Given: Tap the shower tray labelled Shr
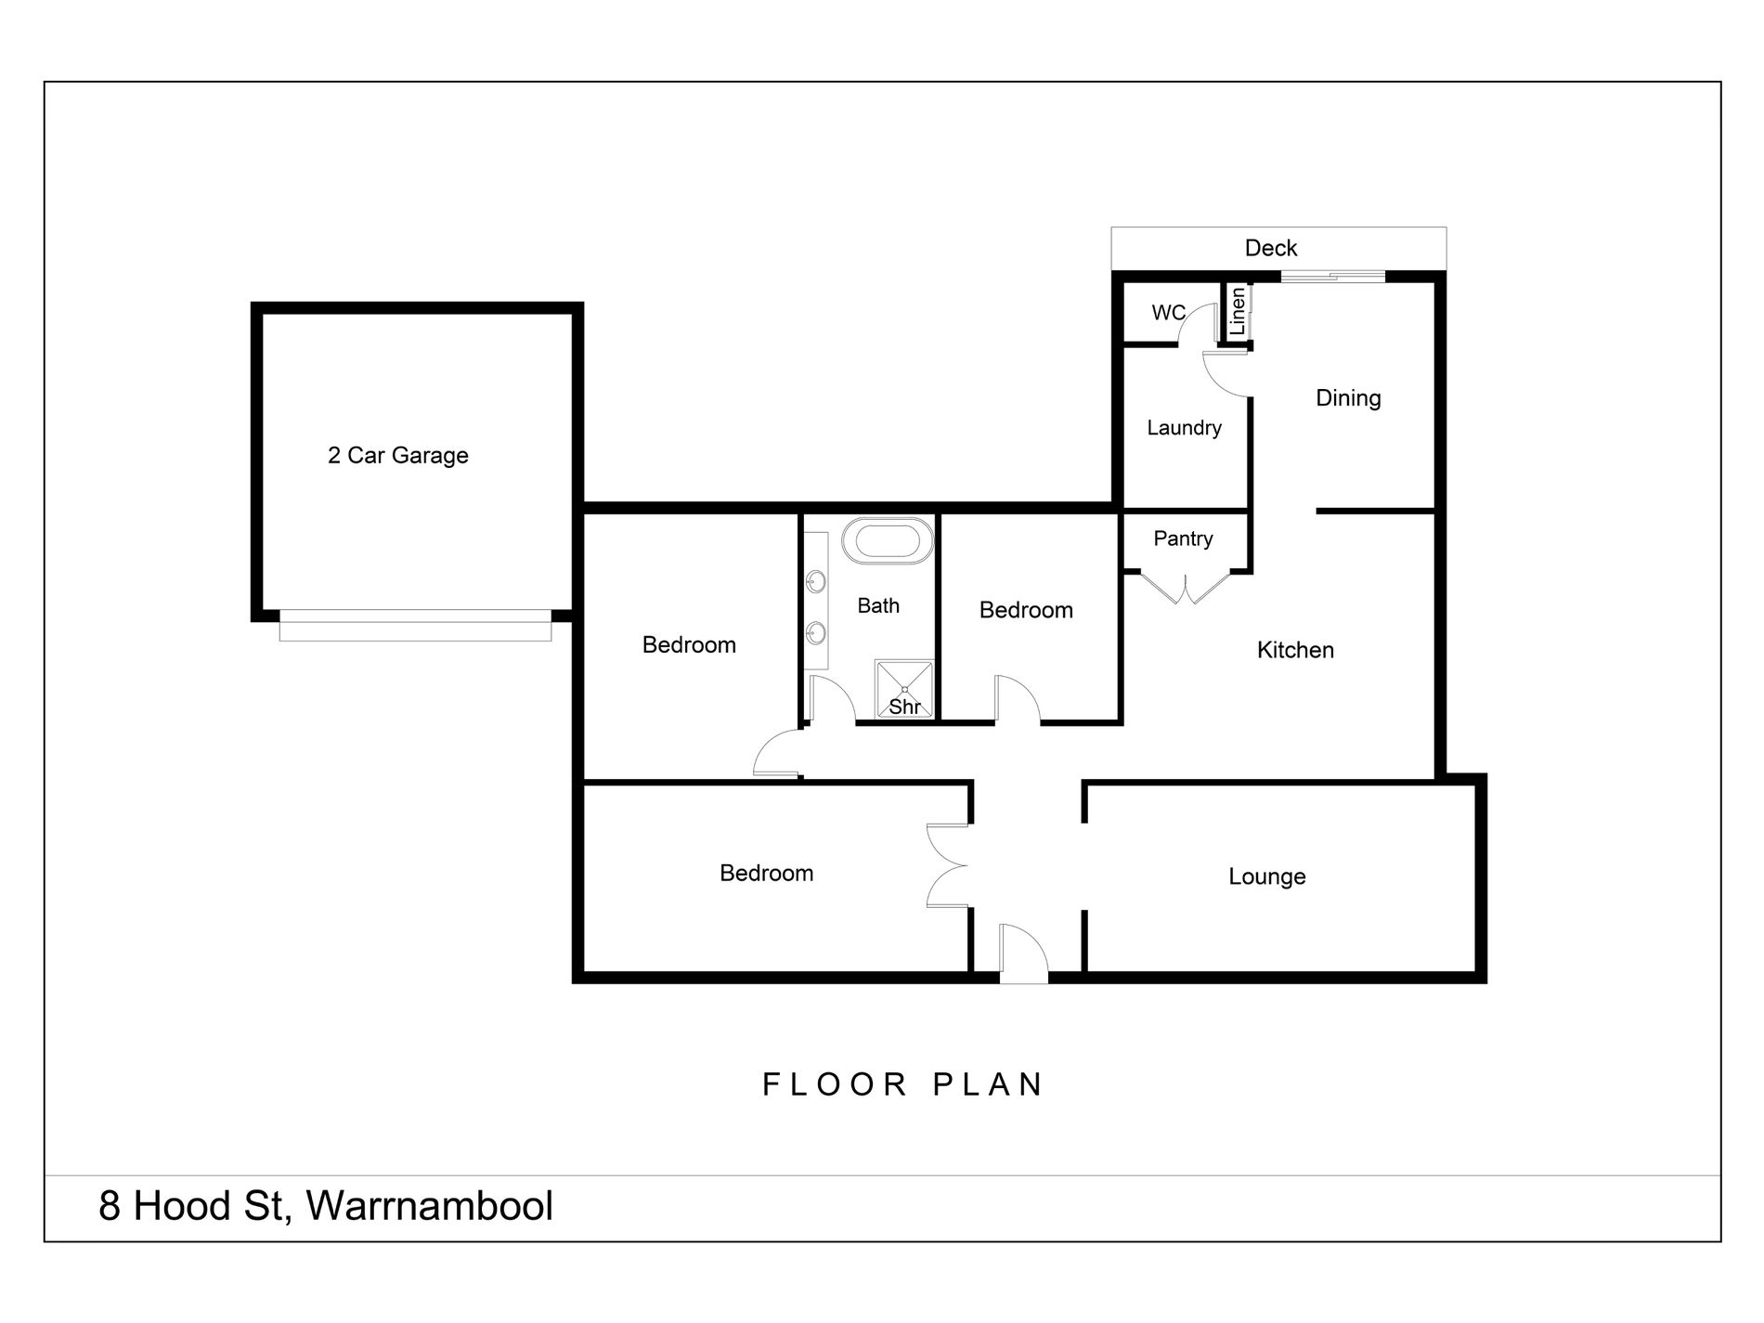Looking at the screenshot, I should (904, 689).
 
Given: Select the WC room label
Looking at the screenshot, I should (1168, 313).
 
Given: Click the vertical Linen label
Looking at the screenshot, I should (1237, 312).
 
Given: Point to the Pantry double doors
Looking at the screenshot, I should (1187, 587).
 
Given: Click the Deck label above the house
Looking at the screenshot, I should (1270, 248).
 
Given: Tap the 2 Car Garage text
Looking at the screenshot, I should (397, 455).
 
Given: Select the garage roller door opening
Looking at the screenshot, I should (415, 625).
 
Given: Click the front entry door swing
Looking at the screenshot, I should (1023, 953).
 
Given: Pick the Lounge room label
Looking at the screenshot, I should (1266, 876).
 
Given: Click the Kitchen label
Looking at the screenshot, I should (1294, 650).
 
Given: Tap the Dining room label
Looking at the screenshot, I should (1348, 398).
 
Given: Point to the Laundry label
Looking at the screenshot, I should (1184, 428).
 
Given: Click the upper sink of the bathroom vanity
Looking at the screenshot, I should (816, 583).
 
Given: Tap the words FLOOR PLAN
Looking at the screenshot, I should (903, 1084).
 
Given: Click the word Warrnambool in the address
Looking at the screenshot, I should (429, 1206).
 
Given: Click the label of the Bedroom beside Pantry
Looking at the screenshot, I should (1026, 610).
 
